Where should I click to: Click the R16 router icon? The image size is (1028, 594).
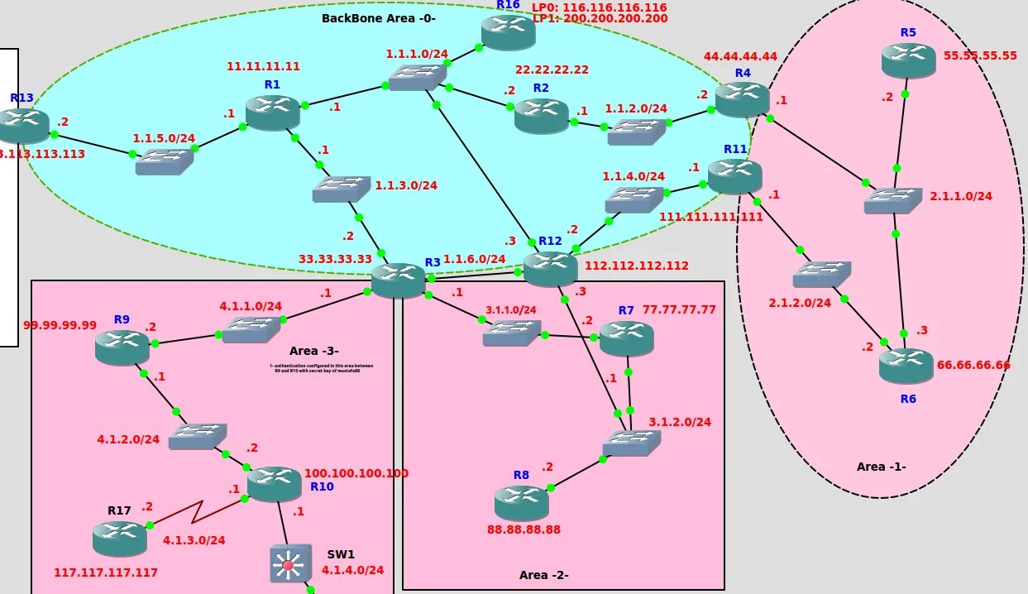509,31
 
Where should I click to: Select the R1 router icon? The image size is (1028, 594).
272,113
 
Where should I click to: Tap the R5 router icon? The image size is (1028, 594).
908,60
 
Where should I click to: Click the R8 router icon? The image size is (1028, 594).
521,502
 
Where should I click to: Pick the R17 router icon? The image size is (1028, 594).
119,539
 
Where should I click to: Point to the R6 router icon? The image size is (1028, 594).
906,365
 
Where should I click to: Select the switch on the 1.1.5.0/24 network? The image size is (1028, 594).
164,161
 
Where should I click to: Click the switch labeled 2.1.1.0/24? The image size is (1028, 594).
892,201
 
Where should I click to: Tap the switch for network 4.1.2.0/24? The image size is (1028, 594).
197,436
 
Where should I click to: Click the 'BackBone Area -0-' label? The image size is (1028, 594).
378,17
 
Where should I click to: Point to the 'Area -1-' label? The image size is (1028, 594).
881,467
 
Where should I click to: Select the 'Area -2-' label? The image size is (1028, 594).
543,575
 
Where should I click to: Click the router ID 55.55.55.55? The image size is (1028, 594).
980,55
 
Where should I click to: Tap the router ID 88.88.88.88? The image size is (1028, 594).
524,529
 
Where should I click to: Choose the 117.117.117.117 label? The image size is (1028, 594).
106,572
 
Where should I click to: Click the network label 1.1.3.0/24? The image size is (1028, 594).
405,185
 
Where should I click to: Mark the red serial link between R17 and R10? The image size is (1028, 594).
197,512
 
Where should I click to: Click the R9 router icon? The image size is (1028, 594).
122,347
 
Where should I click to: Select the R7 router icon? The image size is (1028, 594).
626,338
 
